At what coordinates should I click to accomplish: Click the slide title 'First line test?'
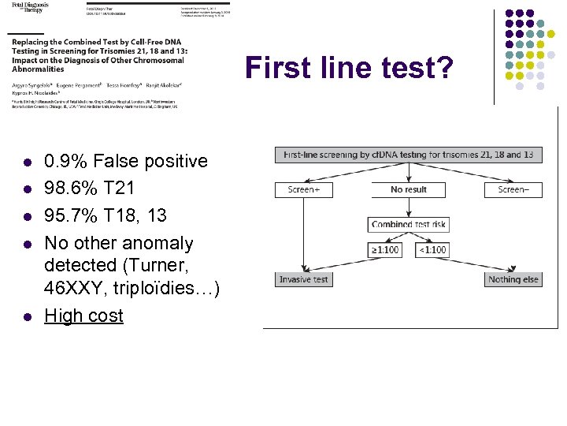click(x=348, y=69)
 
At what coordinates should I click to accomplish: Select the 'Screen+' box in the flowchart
click(x=303, y=189)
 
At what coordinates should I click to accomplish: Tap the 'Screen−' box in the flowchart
click(x=513, y=189)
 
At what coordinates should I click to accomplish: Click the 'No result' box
click(x=408, y=189)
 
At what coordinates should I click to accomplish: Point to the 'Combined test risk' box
click(x=408, y=224)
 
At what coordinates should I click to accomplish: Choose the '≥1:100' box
click(x=385, y=249)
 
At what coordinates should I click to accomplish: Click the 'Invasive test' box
click(x=303, y=279)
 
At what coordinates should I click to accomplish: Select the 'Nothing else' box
click(x=513, y=279)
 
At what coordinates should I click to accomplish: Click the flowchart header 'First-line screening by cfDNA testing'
click(x=408, y=155)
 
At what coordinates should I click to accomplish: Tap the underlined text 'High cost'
click(x=83, y=316)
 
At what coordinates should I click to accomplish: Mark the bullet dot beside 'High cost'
click(x=26, y=317)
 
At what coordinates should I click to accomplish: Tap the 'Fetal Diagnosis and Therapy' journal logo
click(x=30, y=7)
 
